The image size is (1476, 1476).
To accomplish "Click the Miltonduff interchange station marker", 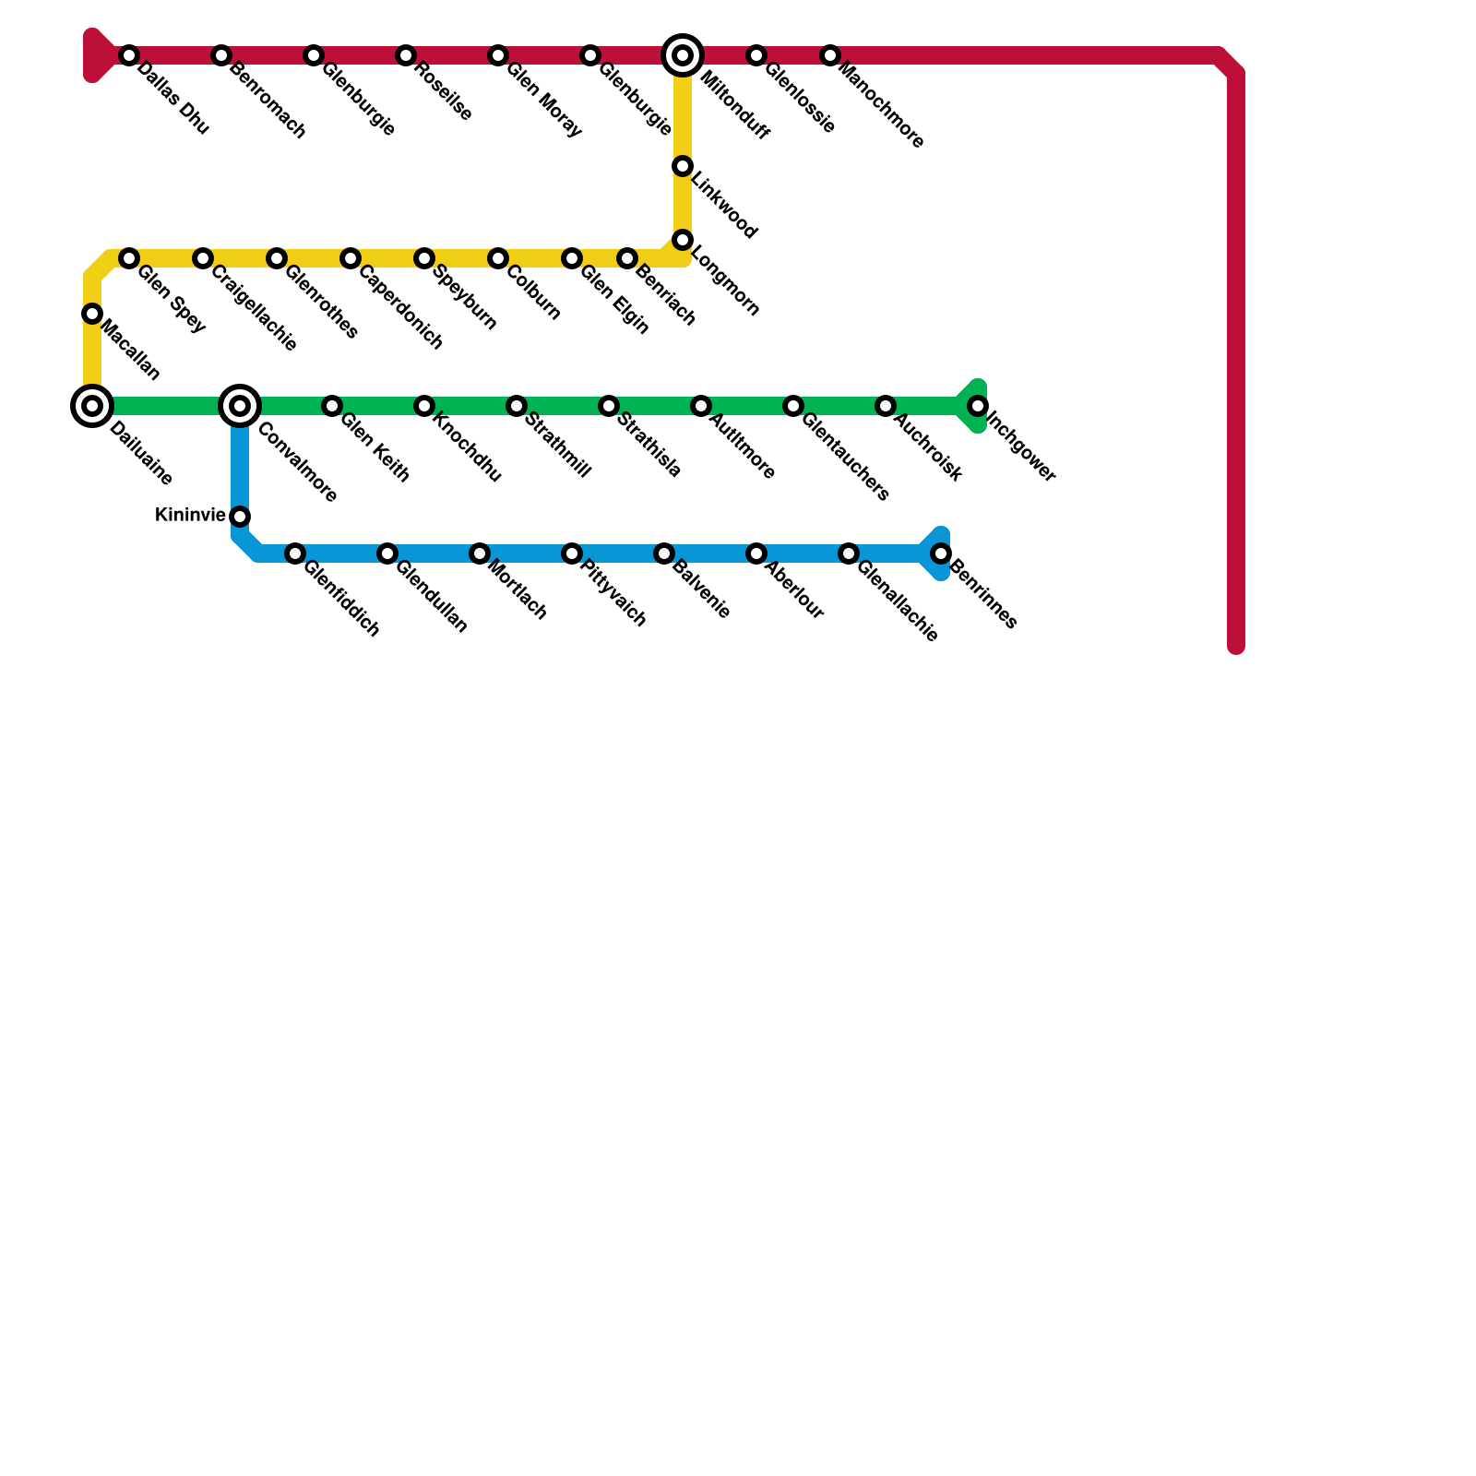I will (x=683, y=55).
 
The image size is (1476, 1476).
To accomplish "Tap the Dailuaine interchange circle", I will (x=92, y=406).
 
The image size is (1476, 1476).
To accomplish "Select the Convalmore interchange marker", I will (x=240, y=406).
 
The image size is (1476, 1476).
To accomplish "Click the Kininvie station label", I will (x=190, y=515).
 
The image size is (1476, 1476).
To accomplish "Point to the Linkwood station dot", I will (x=683, y=166).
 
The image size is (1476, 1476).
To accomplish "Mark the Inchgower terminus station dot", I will (x=978, y=406).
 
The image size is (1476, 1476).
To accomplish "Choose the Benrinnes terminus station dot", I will (x=941, y=553).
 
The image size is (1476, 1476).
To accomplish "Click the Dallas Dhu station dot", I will (x=129, y=55).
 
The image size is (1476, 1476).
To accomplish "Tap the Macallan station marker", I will (x=92, y=314).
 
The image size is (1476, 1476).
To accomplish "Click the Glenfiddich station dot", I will (x=295, y=553).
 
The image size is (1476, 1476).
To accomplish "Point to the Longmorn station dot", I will (x=683, y=240).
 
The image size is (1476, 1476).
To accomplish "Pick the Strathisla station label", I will (x=649, y=446).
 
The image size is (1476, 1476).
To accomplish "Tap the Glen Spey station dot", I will (x=129, y=258).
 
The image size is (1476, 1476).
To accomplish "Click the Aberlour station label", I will (x=794, y=591).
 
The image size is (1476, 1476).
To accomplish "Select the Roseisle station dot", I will (x=406, y=55).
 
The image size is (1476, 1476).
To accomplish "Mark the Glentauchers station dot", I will (x=793, y=406).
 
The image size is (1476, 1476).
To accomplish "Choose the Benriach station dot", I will (x=627, y=258).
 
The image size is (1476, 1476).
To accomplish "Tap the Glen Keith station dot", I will (x=332, y=406).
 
